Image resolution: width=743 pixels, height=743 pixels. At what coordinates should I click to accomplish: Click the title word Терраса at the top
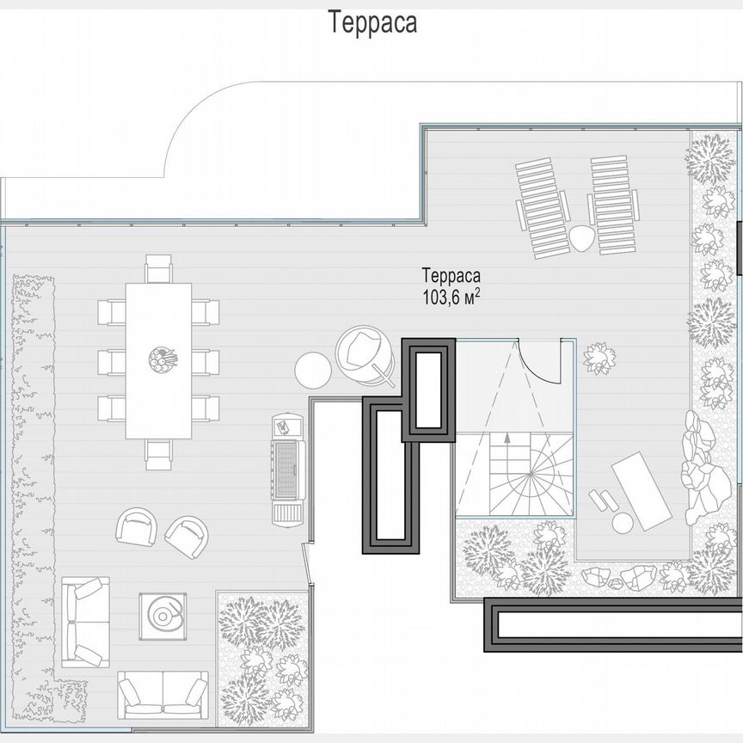(x=372, y=23)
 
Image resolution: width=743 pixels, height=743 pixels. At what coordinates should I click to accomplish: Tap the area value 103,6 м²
(x=451, y=295)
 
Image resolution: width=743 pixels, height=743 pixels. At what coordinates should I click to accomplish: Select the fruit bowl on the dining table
(x=161, y=356)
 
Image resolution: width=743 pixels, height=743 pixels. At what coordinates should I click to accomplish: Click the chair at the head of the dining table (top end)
(x=160, y=269)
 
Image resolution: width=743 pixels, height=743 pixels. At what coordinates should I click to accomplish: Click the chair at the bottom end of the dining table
(x=160, y=453)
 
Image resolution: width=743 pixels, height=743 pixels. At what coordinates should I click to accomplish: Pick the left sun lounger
(x=542, y=207)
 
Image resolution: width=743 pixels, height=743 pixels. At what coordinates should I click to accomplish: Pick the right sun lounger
(x=613, y=204)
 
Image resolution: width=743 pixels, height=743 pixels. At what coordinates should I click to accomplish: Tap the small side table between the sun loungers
(x=581, y=240)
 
